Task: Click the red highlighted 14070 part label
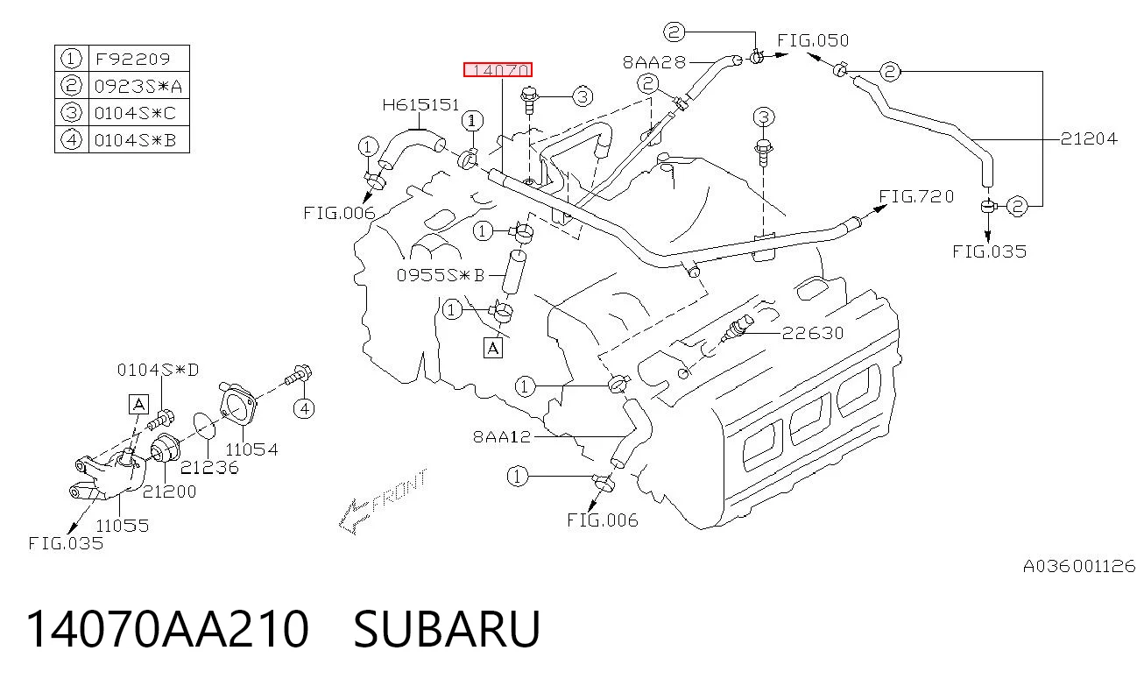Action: tap(498, 69)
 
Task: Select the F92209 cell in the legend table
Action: tap(133, 59)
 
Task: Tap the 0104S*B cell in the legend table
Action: tap(136, 140)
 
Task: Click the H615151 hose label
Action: tap(420, 105)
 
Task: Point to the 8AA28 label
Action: tap(654, 62)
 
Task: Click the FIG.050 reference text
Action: tap(813, 40)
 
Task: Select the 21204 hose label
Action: tap(1089, 138)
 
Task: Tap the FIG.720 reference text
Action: tap(916, 196)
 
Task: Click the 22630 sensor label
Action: tap(813, 333)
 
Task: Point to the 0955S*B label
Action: tap(441, 275)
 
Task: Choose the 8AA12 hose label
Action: tap(502, 436)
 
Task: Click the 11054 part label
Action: tap(251, 449)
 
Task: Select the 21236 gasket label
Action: tap(209, 467)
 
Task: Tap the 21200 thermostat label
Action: tap(169, 492)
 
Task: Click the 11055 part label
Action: tap(123, 525)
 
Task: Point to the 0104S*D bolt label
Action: tap(159, 370)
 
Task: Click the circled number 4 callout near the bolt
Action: tap(304, 408)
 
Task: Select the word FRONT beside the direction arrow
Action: tap(400, 491)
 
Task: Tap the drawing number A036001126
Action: tap(1079, 566)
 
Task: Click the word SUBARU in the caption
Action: tap(447, 628)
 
